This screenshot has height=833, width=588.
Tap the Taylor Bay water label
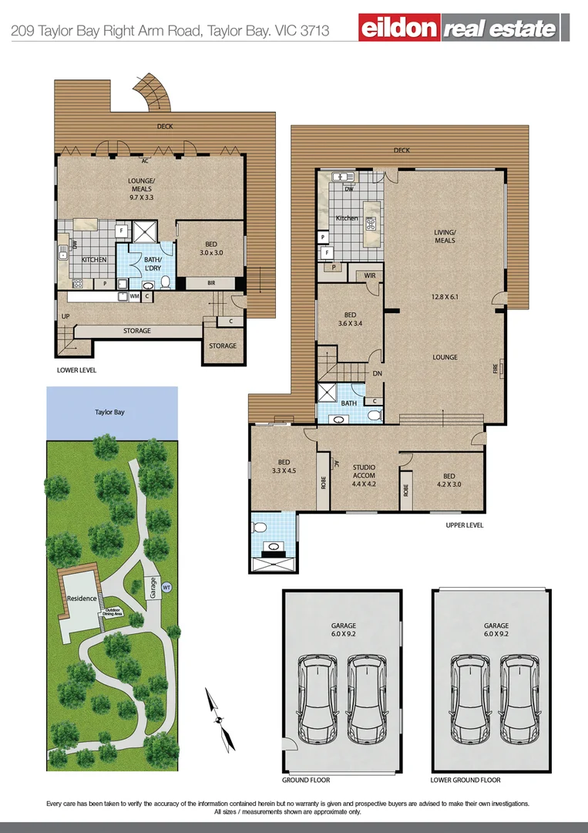click(109, 413)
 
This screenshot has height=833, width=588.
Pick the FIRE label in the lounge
click(496, 369)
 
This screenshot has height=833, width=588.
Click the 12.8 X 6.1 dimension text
click(445, 296)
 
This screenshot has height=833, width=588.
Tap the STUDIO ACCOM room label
click(364, 471)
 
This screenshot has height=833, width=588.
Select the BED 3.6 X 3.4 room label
click(350, 319)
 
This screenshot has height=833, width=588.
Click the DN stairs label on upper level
click(377, 373)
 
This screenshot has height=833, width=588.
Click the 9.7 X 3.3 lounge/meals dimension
click(141, 197)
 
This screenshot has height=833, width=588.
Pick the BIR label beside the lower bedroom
click(211, 284)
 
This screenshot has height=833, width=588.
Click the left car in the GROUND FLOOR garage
click(318, 697)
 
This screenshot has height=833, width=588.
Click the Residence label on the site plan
click(81, 599)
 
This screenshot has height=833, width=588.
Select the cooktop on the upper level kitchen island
click(371, 224)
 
